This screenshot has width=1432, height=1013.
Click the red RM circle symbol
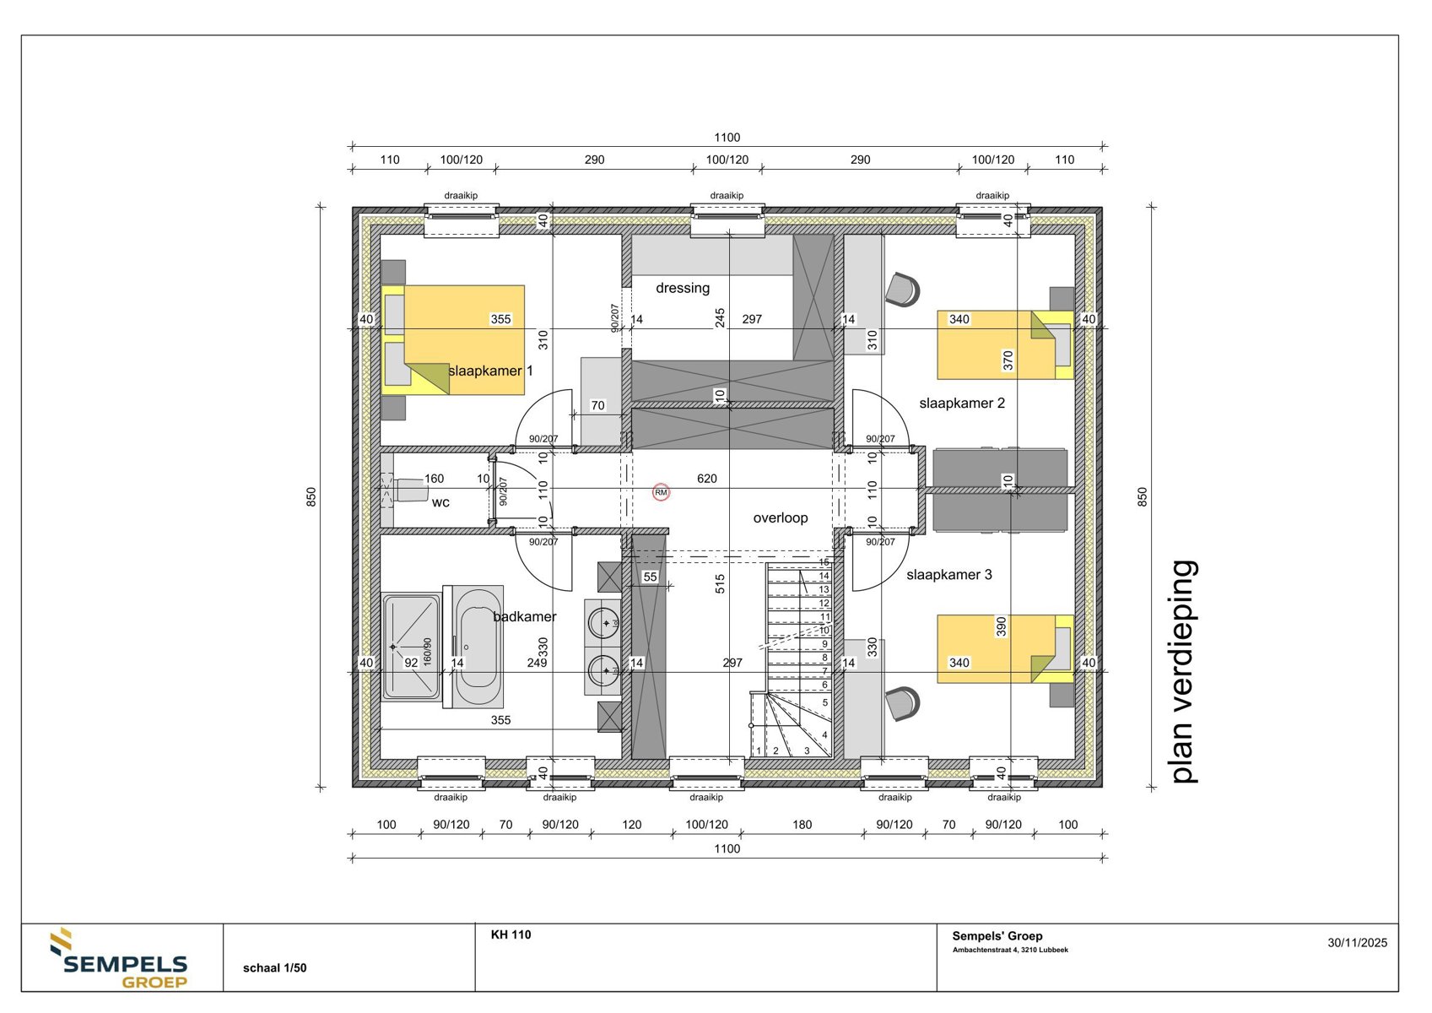tap(661, 492)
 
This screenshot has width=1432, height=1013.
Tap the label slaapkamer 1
tap(490, 371)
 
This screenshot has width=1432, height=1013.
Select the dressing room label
tap(682, 288)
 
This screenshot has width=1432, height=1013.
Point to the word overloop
tap(780, 517)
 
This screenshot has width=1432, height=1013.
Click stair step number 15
tap(824, 562)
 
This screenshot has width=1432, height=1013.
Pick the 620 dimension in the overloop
tap(706, 479)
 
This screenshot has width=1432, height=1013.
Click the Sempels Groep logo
tap(121, 960)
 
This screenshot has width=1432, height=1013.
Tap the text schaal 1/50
tap(274, 968)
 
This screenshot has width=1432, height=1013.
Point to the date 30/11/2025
tap(1356, 943)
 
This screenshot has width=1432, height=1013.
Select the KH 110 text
tap(511, 934)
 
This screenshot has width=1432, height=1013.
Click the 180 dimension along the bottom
tap(802, 825)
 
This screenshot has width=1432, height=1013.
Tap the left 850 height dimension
tap(311, 496)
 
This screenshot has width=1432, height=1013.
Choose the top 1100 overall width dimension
tap(727, 138)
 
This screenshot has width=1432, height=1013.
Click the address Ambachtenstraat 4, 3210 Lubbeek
tap(1009, 950)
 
